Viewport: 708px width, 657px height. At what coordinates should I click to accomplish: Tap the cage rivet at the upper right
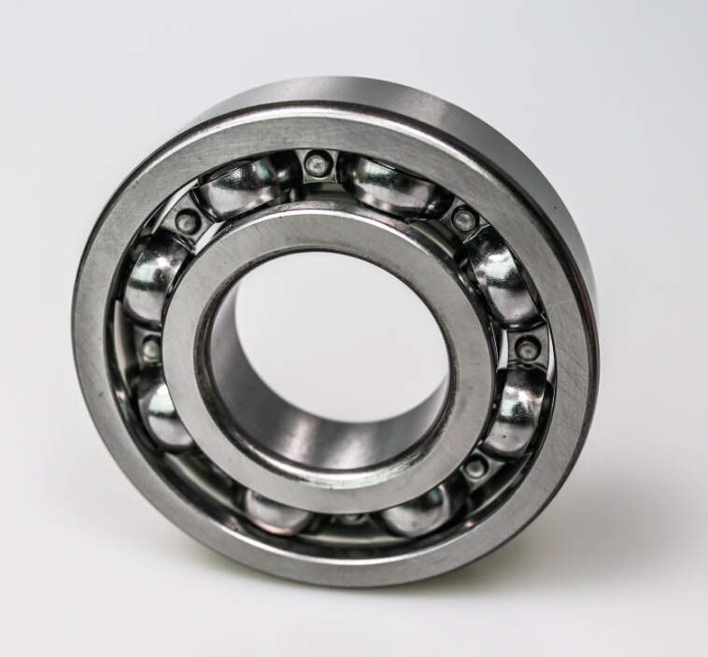pos(464,220)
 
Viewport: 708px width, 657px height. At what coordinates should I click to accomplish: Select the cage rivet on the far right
pos(527,349)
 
